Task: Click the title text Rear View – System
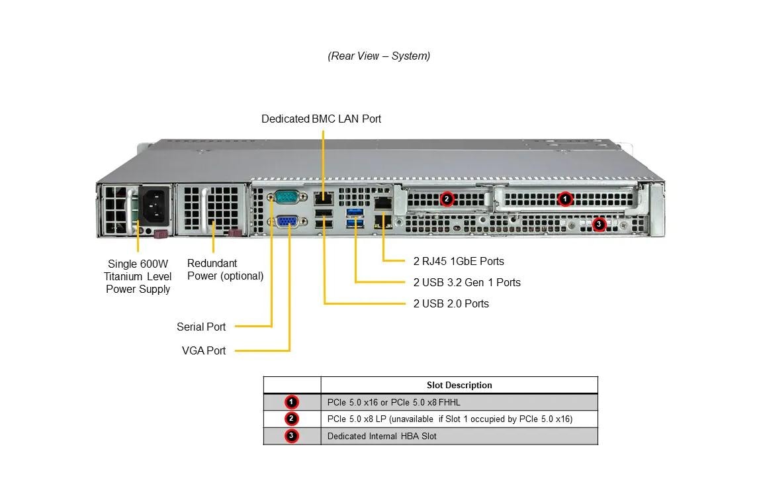[x=378, y=56]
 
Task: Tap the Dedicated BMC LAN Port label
[x=321, y=119]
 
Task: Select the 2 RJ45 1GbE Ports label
[x=459, y=261]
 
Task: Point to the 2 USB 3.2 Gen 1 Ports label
[x=467, y=282]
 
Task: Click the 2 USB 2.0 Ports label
[x=451, y=303]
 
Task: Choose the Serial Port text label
[x=201, y=327]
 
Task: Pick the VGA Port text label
[x=204, y=350]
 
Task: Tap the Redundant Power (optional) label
[x=225, y=269]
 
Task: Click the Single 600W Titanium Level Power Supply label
[x=138, y=276]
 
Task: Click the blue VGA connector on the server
[x=286, y=223]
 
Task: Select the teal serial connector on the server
[x=286, y=197]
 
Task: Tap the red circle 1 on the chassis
[x=564, y=198]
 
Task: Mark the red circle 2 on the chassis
[x=447, y=198]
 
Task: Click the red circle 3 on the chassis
[x=599, y=224]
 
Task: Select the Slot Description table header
[x=459, y=385]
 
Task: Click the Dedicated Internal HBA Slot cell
[x=382, y=436]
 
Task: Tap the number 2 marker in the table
[x=292, y=419]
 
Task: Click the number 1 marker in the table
[x=292, y=402]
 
